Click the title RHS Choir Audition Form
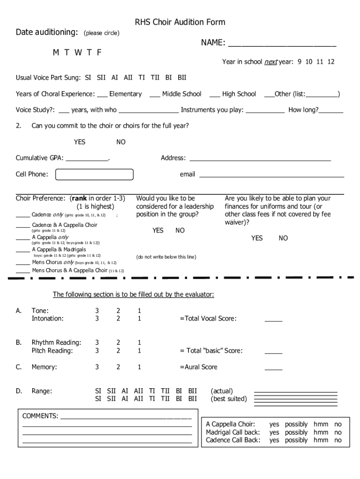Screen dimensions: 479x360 coord(180,22)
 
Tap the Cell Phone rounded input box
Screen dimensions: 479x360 coord(94,174)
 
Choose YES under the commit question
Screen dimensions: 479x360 coord(79,142)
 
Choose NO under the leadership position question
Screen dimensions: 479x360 coord(180,230)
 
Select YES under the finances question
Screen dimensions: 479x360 coord(257,238)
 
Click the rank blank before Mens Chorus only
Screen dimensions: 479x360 coord(23,263)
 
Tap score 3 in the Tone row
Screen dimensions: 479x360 coord(97,311)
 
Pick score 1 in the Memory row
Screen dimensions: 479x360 coord(139,367)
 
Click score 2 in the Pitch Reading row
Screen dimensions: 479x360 coord(118,351)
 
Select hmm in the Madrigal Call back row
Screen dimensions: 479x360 coord(321,432)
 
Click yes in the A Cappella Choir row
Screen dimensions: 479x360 coord(274,424)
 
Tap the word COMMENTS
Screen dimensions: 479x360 coord(40,416)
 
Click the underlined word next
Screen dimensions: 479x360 coord(271,62)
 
